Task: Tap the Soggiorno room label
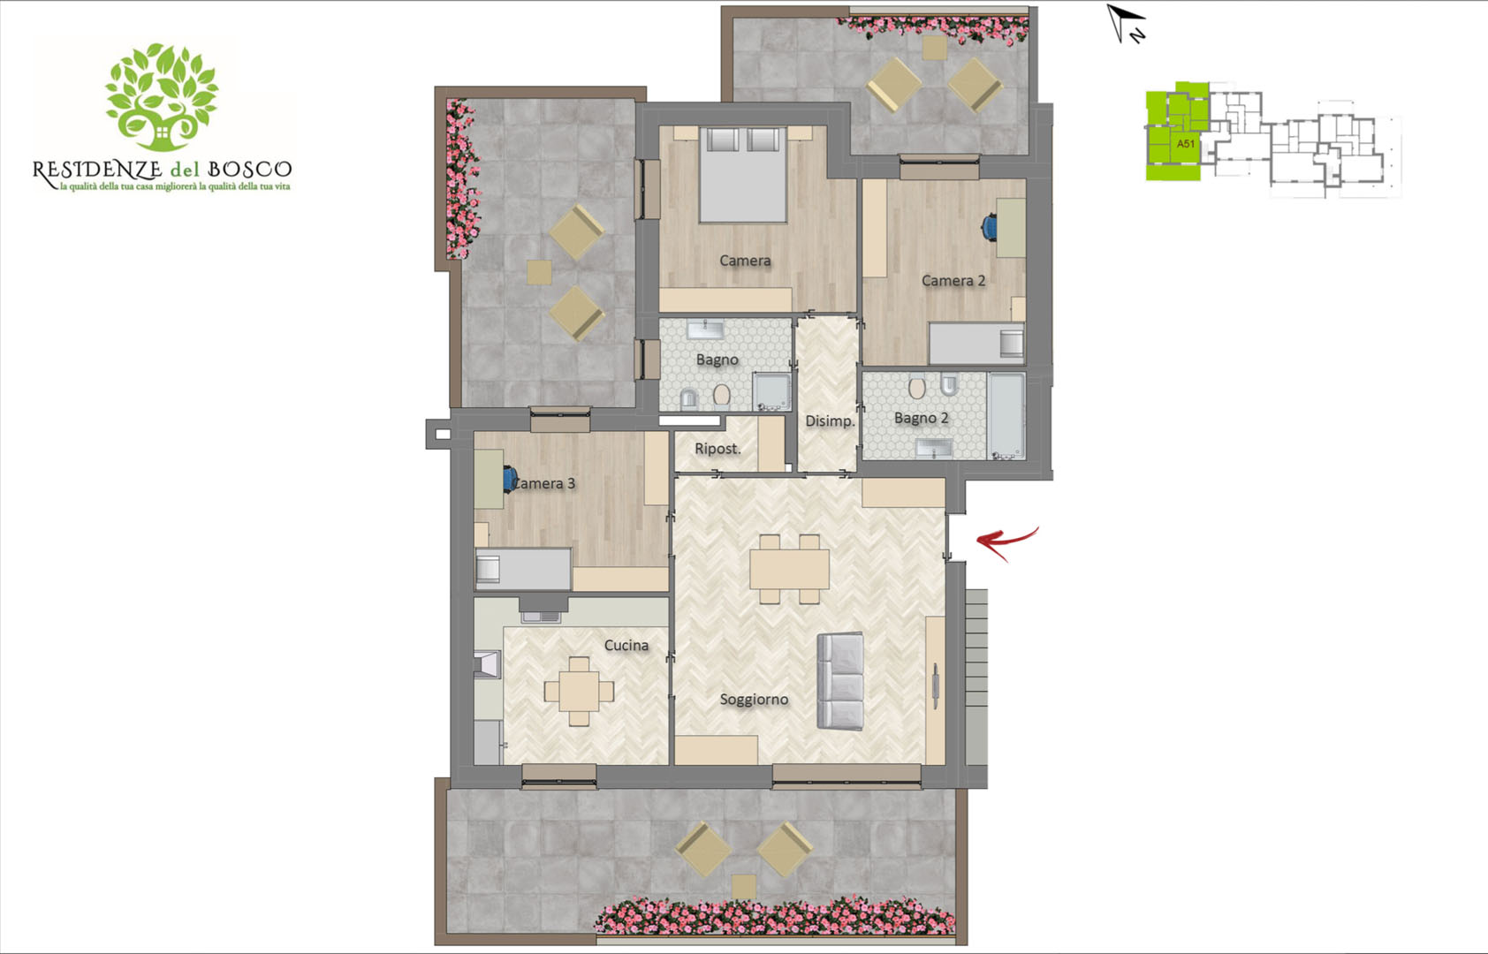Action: pos(754,699)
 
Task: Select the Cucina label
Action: pos(626,646)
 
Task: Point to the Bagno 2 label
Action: pos(921,418)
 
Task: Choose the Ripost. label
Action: pos(717,449)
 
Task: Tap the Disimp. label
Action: pos(830,420)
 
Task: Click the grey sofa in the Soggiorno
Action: pos(841,681)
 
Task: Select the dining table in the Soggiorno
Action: pos(789,569)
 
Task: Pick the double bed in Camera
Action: pos(742,175)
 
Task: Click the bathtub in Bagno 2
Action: pos(1006,416)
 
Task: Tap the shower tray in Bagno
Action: pos(771,391)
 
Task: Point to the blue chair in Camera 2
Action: pos(990,226)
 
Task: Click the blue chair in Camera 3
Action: pos(510,479)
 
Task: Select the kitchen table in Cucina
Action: pos(580,691)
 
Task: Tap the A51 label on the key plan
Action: pos(1186,143)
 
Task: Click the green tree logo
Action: pos(162,97)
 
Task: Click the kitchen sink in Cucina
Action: pos(542,617)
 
